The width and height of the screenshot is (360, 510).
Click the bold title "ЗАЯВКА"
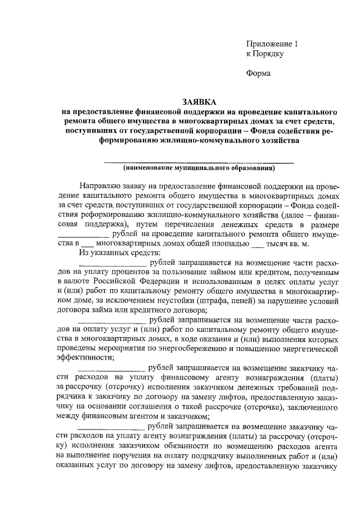click(199, 101)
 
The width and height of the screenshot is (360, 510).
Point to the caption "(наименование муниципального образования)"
click(199, 167)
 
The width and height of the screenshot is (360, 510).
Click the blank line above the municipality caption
click(199, 162)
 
